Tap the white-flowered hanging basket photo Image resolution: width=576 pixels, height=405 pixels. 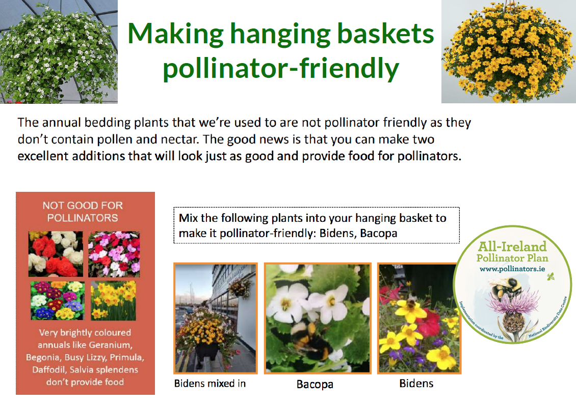tap(59, 52)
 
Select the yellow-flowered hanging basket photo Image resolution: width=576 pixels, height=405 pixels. tap(508, 52)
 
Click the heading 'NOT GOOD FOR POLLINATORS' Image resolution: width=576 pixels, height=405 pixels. tap(83, 212)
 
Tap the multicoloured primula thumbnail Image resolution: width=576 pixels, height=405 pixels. tap(57, 300)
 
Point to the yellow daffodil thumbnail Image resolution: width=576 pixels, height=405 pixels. tap(113, 300)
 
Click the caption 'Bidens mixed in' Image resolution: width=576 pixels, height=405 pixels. tap(210, 383)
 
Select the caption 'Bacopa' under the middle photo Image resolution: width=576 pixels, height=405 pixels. tap(315, 384)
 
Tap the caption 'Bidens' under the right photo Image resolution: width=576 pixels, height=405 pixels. tap(416, 383)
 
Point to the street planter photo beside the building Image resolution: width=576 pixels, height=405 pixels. tap(215, 318)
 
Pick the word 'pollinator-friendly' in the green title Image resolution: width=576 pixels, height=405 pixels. tap(280, 69)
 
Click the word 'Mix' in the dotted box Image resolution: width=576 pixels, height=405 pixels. tap(188, 218)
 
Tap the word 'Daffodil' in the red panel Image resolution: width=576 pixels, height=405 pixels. tap(50, 369)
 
